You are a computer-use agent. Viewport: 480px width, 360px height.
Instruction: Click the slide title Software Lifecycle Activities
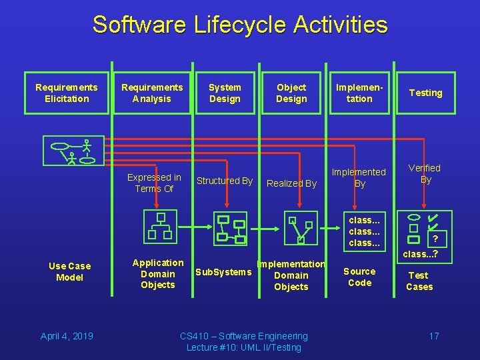[x=240, y=25]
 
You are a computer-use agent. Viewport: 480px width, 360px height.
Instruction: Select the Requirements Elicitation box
[x=66, y=93]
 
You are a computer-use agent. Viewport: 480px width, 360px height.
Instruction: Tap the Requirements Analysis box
[x=151, y=93]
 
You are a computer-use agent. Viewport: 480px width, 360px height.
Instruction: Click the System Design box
[x=225, y=93]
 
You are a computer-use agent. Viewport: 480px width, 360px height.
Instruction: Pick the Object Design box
[x=291, y=93]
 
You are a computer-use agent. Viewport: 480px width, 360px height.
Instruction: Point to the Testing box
[x=425, y=93]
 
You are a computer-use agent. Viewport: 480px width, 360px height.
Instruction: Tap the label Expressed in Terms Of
[x=154, y=183]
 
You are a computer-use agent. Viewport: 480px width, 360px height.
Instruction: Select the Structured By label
[x=225, y=181]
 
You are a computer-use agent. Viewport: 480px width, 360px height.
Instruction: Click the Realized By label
[x=291, y=183]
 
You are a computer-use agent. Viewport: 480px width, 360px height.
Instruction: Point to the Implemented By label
[x=359, y=177]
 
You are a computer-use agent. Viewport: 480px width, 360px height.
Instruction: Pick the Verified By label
[x=425, y=174]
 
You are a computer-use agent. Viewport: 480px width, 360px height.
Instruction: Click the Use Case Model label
[x=69, y=271]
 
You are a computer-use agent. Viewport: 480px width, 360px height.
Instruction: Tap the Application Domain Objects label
[x=158, y=273]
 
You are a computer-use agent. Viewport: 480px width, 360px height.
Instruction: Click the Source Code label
[x=359, y=277]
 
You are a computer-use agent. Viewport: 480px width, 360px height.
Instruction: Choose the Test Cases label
[x=419, y=281]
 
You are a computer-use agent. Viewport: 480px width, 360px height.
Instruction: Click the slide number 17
[x=434, y=335]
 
